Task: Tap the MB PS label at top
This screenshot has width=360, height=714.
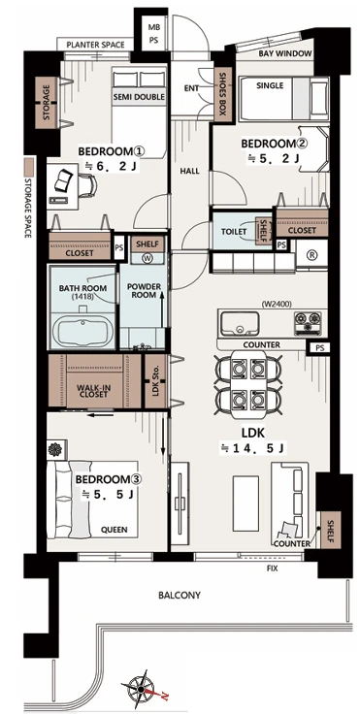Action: (x=153, y=33)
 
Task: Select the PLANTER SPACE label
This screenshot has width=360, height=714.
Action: (x=95, y=45)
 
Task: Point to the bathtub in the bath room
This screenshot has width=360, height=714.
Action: (x=82, y=331)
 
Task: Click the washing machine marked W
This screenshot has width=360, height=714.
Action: (x=147, y=258)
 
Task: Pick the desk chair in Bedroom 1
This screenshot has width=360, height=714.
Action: (x=87, y=186)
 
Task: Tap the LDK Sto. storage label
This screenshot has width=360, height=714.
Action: (x=155, y=381)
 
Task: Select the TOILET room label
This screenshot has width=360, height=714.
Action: (x=234, y=231)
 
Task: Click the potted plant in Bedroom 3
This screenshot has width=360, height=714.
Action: (x=55, y=449)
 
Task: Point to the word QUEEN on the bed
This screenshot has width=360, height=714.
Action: (x=115, y=530)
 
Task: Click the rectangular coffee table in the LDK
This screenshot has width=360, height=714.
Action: (x=245, y=503)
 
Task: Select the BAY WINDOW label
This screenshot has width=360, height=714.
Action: (x=285, y=53)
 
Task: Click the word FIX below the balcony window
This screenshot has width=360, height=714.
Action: (x=272, y=568)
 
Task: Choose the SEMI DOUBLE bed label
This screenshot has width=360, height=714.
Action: (x=139, y=97)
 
